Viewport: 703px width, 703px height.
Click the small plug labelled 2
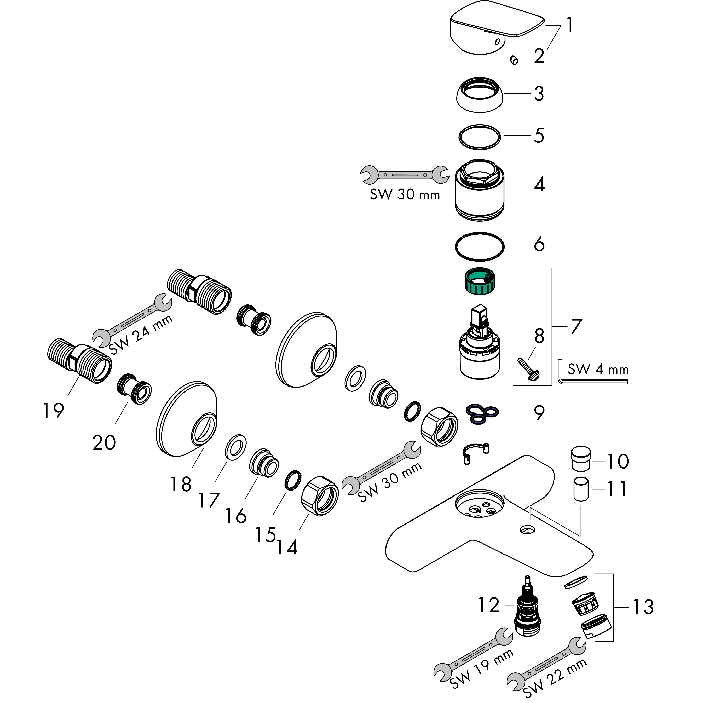coord(514,60)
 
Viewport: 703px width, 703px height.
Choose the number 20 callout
coord(104,443)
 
